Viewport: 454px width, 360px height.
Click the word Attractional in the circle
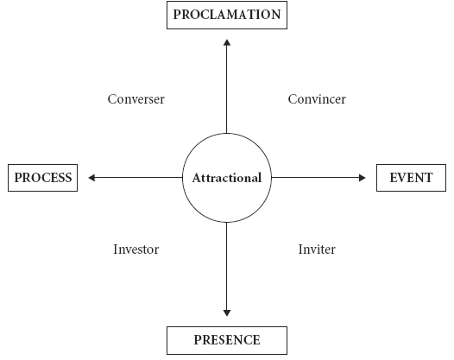point(227,178)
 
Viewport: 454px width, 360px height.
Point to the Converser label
point(136,99)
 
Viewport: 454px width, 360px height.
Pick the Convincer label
point(317,99)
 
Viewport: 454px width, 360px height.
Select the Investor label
point(136,249)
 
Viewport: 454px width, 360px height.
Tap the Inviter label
point(317,249)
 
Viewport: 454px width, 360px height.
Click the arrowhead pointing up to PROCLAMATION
point(227,42)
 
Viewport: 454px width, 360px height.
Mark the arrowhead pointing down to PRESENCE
point(227,313)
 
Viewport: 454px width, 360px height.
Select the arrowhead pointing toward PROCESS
point(91,178)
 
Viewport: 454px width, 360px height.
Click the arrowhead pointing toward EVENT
point(363,178)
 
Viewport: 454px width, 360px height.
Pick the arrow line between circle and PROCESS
point(136,178)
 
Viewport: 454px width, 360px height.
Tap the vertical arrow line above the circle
point(227,86)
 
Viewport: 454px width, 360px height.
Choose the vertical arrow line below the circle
point(227,269)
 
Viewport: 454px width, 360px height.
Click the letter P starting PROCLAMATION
point(177,15)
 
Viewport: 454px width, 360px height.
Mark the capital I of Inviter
point(301,249)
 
